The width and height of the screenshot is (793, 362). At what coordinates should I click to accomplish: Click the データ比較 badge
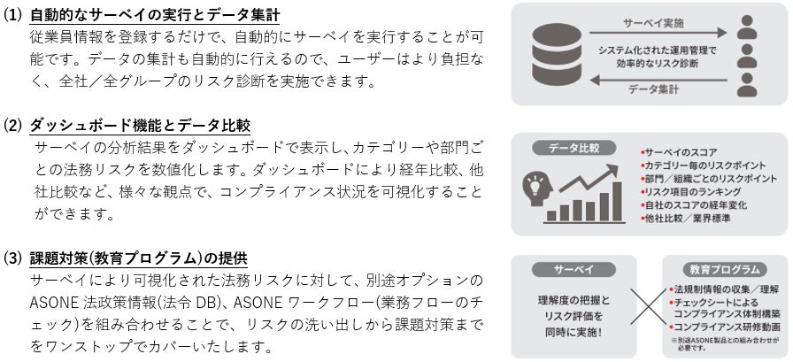point(566,147)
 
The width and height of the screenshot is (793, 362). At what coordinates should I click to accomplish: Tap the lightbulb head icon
point(539,187)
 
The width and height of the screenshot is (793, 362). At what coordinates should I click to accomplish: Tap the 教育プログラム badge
point(724,267)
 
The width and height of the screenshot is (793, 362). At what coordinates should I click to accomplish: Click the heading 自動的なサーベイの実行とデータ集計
point(154,15)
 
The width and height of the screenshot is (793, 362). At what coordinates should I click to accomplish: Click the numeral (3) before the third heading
point(14,258)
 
